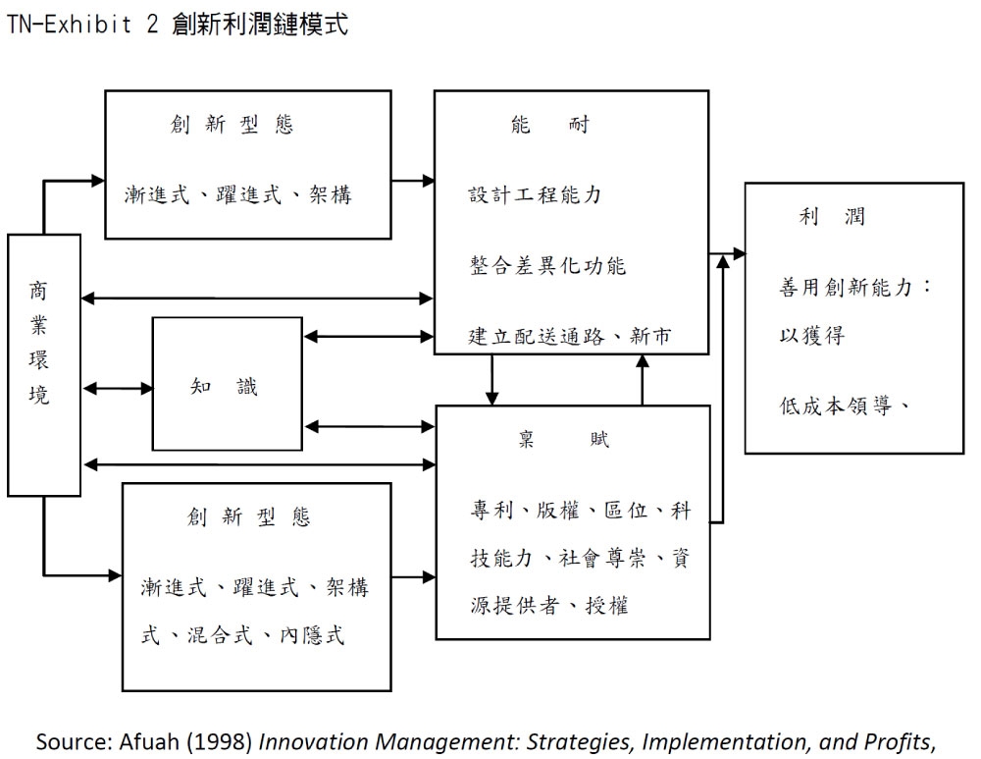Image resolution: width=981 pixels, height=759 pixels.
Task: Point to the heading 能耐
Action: coord(550,126)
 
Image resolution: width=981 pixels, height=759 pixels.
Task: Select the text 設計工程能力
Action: coord(535,194)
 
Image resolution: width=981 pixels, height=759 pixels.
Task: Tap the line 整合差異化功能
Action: coord(546,266)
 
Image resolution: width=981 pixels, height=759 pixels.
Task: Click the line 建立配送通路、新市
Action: coord(570,337)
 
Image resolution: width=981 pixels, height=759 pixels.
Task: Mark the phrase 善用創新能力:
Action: coord(854,288)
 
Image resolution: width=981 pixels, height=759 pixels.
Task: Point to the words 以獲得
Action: coord(812,335)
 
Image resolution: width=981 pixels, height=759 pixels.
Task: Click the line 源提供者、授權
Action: coord(549,606)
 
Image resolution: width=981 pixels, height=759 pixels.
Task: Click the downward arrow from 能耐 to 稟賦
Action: coord(492,379)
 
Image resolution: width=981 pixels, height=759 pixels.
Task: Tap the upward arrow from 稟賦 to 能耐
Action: coord(643,379)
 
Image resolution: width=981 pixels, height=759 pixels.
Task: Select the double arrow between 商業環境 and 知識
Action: coord(117,388)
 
